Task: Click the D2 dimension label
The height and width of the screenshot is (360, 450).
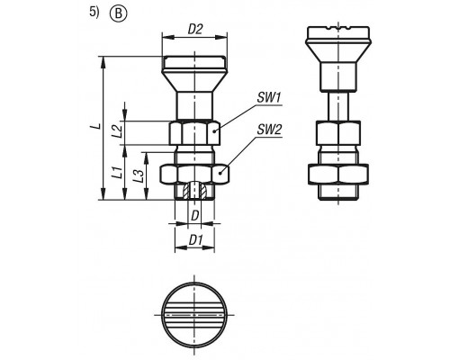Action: point(195,30)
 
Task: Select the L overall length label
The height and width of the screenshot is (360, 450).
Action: point(96,126)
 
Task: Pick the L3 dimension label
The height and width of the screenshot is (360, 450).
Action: point(138,175)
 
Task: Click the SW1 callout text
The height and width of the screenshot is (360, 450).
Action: point(268,98)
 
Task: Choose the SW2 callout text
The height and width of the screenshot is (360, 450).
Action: point(269,130)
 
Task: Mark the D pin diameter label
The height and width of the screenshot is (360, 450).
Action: point(195,215)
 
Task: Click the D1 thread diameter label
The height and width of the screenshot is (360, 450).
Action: point(196,240)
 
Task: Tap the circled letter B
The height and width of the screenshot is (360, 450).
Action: point(119,14)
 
